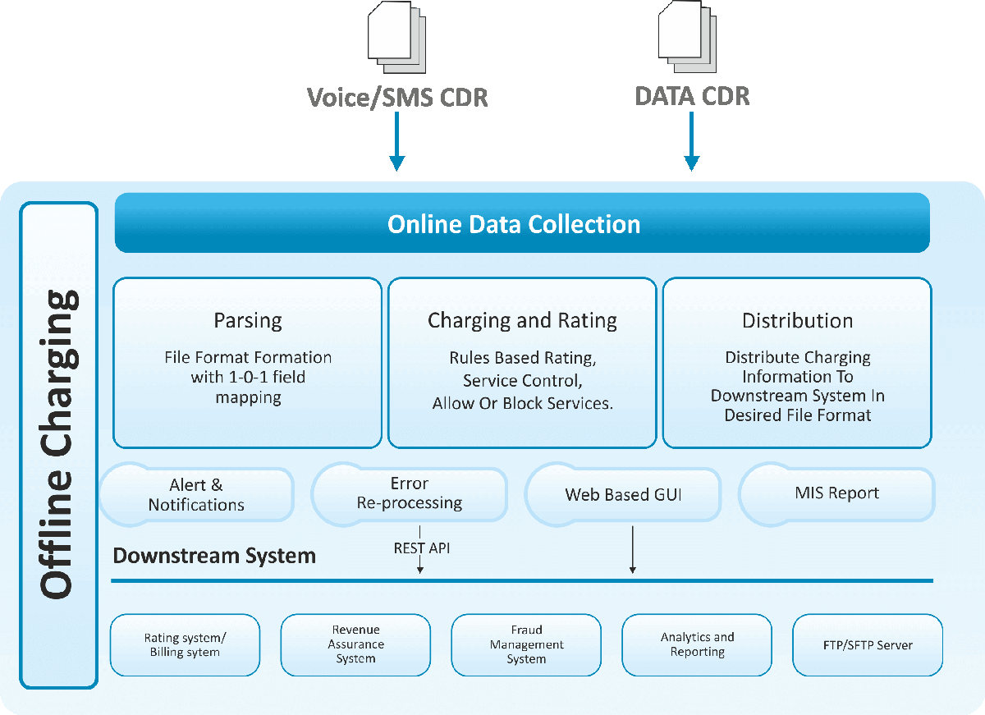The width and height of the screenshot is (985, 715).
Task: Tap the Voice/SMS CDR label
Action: (x=397, y=98)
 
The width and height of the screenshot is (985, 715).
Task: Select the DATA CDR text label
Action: (x=692, y=96)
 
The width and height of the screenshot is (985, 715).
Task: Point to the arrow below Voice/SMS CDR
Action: (x=397, y=141)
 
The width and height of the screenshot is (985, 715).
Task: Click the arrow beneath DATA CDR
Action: (x=691, y=141)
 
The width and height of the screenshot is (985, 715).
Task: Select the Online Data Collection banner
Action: (x=522, y=223)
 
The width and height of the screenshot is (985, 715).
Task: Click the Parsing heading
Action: (x=247, y=320)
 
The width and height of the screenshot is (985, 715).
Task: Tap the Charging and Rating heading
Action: (x=522, y=320)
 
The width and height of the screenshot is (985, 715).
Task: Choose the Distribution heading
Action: (x=797, y=320)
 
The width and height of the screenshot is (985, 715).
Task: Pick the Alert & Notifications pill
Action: (x=196, y=495)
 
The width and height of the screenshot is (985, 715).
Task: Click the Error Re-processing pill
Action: (x=409, y=493)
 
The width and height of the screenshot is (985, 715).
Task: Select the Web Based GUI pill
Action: (x=623, y=495)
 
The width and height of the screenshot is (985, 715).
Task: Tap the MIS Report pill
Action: (x=836, y=493)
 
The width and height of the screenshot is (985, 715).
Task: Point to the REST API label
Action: (x=421, y=548)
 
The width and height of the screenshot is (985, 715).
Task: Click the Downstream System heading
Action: (x=214, y=556)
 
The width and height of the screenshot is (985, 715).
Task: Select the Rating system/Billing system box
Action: (x=185, y=645)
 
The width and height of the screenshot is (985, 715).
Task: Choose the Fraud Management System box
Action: (x=526, y=645)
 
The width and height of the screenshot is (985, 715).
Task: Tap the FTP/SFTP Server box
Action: (x=868, y=645)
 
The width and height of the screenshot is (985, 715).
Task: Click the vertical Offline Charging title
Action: (x=59, y=444)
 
